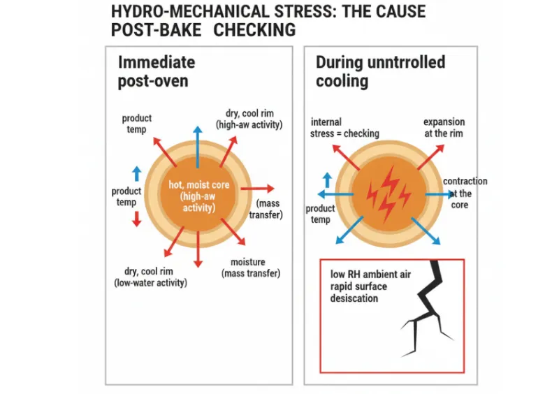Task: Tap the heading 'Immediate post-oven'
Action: click(x=157, y=72)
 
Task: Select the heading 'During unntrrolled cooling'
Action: click(x=380, y=71)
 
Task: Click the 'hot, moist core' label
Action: click(x=199, y=184)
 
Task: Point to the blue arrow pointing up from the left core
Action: click(x=198, y=147)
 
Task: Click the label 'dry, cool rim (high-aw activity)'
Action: click(x=249, y=119)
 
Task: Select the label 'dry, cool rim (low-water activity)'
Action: click(x=150, y=277)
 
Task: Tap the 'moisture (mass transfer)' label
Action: click(x=251, y=268)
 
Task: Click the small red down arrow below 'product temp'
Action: click(x=136, y=219)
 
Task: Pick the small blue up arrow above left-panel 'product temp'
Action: click(x=136, y=174)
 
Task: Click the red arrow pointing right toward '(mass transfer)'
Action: click(x=257, y=189)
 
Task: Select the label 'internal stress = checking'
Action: click(x=344, y=128)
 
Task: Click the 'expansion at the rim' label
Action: click(x=444, y=128)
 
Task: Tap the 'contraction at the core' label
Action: click(x=465, y=193)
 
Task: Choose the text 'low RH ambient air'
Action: click(x=370, y=275)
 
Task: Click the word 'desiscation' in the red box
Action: click(x=354, y=298)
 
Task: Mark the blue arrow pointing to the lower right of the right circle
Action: click(x=426, y=231)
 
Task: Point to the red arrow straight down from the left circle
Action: click(x=198, y=249)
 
